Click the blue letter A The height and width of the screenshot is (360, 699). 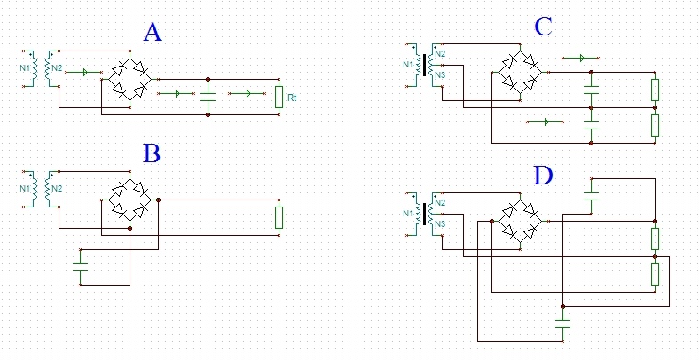coord(153,33)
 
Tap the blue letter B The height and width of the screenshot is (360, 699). coord(152,153)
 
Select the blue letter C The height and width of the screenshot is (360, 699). coord(543,27)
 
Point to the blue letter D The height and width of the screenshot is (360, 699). coord(543,176)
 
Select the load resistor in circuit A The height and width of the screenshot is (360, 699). coord(279,96)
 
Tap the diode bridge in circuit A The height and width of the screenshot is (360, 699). coord(130,79)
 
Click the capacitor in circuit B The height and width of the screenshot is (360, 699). coord(81,264)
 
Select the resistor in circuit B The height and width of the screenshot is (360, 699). coord(279,217)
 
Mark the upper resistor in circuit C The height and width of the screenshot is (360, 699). coord(655,90)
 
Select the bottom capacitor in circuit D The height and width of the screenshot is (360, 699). coord(562,324)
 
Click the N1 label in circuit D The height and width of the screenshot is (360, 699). coord(408,213)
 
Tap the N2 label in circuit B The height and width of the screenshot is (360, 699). coord(56,188)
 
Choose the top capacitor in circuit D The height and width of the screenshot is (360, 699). coord(592,194)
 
